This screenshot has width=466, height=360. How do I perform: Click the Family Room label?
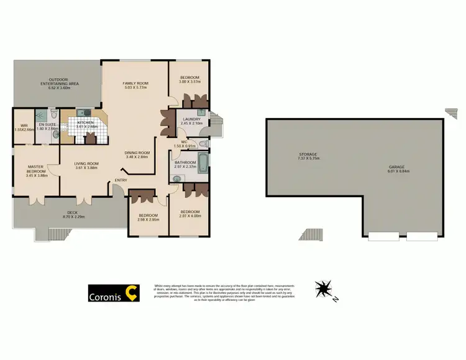pos(135,83)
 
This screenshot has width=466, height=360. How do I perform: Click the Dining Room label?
pos(137,152)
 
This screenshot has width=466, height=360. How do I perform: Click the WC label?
pos(185,142)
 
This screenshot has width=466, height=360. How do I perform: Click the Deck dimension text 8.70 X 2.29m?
pos(78,216)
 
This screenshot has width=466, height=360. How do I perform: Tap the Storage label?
pos(308,154)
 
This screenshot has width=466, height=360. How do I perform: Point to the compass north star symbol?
pos(324,288)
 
